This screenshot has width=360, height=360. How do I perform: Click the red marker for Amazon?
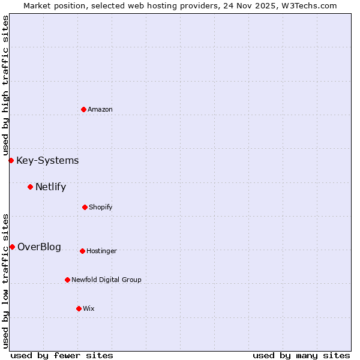[83, 109]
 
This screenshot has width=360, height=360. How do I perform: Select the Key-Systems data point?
[11, 160]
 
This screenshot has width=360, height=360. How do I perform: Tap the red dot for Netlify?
[30, 187]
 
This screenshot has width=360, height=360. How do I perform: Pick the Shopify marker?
[85, 207]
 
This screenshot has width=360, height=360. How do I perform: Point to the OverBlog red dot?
[12, 247]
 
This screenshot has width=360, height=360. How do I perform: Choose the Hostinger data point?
[82, 251]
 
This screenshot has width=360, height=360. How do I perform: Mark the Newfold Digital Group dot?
[67, 280]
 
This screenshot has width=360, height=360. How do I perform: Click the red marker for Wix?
[79, 308]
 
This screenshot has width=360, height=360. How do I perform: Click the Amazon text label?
[100, 109]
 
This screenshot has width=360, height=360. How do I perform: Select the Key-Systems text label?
[47, 160]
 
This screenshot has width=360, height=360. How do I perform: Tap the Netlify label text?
[50, 187]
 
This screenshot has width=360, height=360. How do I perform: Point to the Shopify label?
[101, 207]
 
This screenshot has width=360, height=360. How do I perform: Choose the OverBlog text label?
[39, 247]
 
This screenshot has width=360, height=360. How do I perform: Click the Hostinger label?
[101, 251]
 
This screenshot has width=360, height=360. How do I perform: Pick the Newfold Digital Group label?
[106, 280]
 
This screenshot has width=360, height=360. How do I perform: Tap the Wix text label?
[89, 308]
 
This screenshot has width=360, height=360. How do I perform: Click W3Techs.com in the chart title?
[310, 5]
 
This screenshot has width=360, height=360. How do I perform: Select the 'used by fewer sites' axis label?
[62, 355]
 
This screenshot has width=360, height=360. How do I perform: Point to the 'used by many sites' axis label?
[301, 355]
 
